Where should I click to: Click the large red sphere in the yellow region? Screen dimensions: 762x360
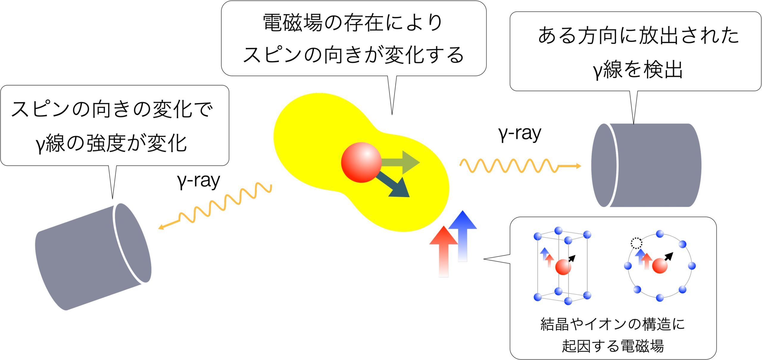[361, 162]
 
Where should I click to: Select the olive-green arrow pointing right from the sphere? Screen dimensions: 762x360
[400, 162]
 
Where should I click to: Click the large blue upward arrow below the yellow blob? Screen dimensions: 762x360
[462, 236]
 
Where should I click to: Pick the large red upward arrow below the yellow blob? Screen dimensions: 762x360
[444, 251]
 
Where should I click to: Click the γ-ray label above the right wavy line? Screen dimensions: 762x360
[520, 134]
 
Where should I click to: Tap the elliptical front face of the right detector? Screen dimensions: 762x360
[604, 165]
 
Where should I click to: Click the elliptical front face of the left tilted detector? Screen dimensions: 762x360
[132, 243]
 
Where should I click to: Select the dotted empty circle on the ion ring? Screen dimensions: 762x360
[636, 243]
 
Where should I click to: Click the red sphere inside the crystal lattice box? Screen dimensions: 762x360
[563, 267]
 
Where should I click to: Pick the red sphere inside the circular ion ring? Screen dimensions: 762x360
[660, 266]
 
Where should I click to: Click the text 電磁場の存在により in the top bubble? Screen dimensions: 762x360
[353, 23]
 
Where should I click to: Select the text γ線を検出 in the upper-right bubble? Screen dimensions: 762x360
[638, 70]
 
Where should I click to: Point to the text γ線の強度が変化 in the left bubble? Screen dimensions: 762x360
[111, 143]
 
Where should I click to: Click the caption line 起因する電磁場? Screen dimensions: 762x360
[613, 346]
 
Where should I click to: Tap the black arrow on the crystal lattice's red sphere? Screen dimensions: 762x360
[572, 259]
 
